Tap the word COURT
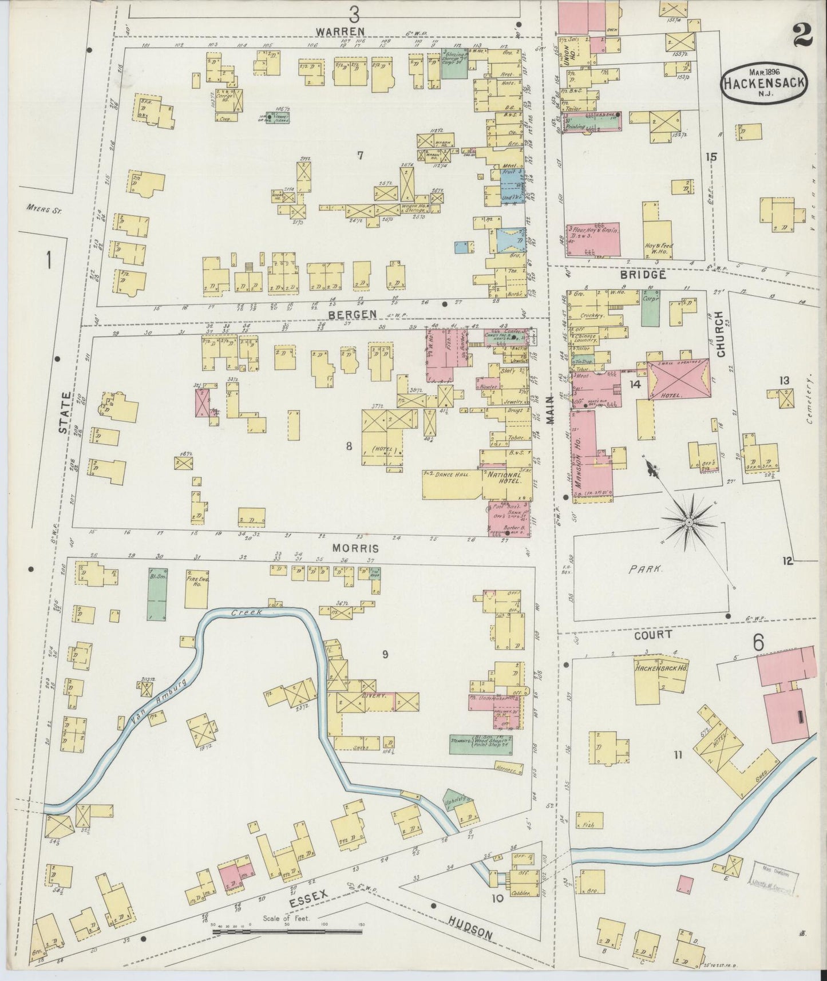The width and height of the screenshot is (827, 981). tap(652, 635)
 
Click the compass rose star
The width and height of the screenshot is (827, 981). tap(689, 523)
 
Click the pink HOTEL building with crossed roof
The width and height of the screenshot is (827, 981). tap(678, 379)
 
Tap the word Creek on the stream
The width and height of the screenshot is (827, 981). tap(247, 612)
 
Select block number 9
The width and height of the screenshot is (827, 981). tap(385, 654)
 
